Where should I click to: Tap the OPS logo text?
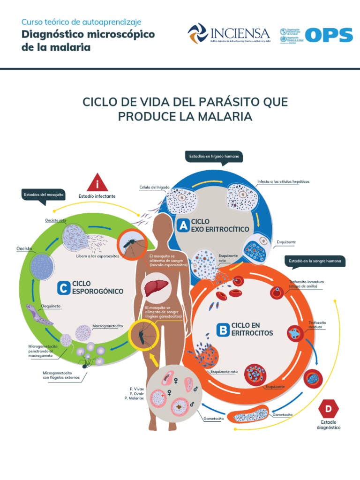(329, 35)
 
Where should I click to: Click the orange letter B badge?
(222, 329)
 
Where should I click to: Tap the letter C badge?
(63, 287)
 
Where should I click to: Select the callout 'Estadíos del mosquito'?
(44, 195)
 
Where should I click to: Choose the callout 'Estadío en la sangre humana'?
(317, 261)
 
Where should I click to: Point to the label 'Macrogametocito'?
(107, 325)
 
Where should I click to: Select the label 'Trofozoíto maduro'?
(317, 325)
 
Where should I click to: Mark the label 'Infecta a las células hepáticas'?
(283, 181)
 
